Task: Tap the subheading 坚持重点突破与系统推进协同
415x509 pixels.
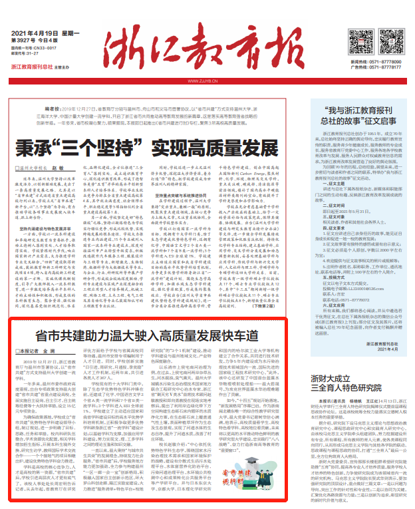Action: pos(160,197)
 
